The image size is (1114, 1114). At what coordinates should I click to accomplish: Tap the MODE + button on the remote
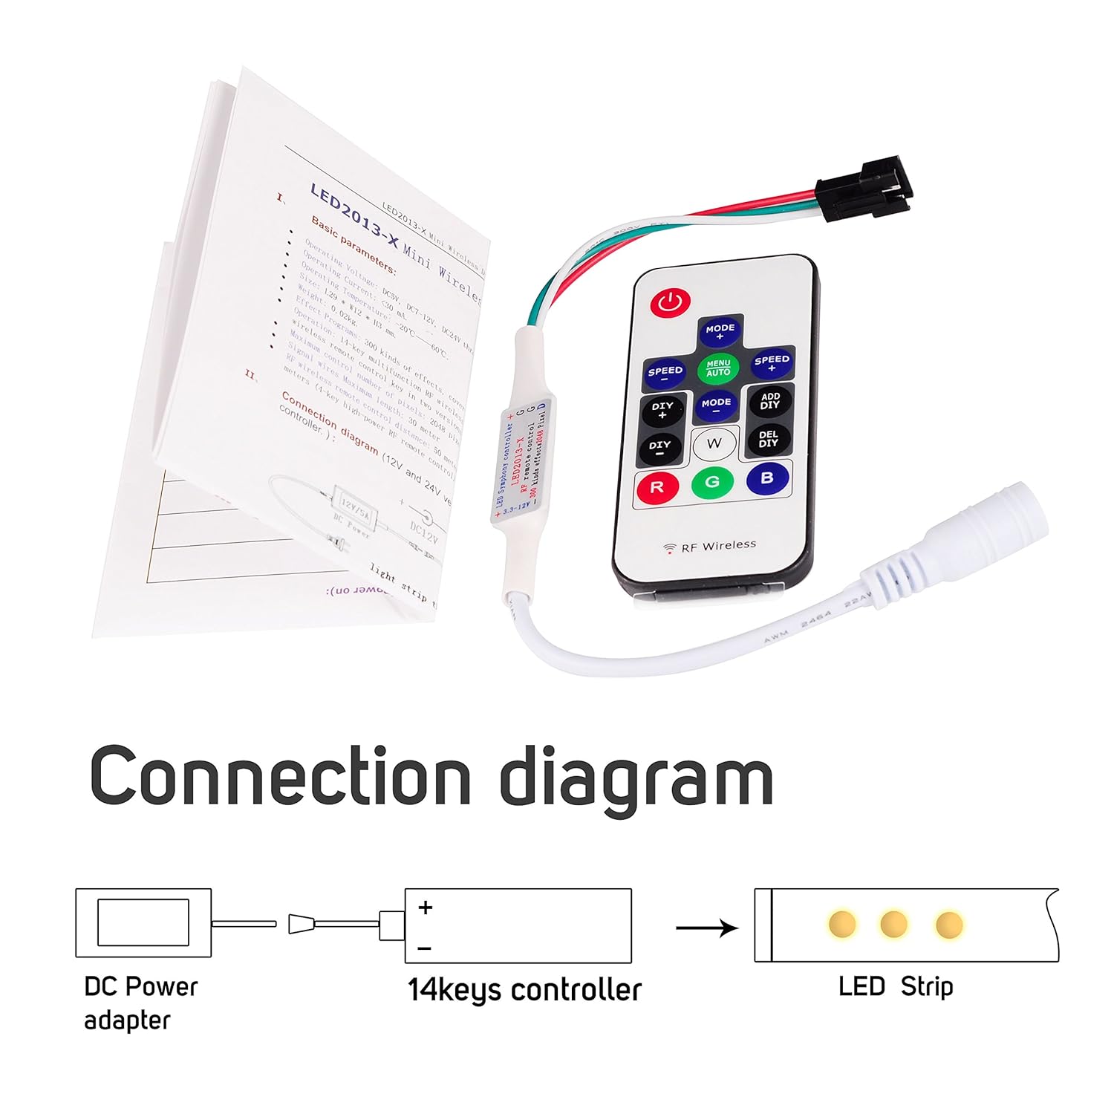pyautogui.click(x=720, y=331)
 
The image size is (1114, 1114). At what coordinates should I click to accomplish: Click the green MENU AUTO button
pyautogui.click(x=718, y=368)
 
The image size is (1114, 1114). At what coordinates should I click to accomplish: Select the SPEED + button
pyautogui.click(x=772, y=362)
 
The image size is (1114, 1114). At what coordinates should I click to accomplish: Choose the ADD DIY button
pyautogui.click(x=770, y=401)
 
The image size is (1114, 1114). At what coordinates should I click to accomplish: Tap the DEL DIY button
pyautogui.click(x=769, y=439)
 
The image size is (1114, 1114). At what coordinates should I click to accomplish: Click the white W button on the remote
pyautogui.click(x=714, y=443)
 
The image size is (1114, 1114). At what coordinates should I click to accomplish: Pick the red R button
pyautogui.click(x=657, y=487)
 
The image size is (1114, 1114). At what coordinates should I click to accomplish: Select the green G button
pyautogui.click(x=712, y=482)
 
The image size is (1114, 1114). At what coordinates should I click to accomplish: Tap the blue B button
pyautogui.click(x=767, y=478)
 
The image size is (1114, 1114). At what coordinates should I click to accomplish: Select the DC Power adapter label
pyautogui.click(x=140, y=1003)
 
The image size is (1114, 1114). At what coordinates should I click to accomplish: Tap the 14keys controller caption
pyautogui.click(x=524, y=990)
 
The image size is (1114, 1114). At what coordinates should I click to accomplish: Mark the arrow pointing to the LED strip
pyautogui.click(x=706, y=928)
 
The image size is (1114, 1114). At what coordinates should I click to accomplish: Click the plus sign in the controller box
pyautogui.click(x=426, y=907)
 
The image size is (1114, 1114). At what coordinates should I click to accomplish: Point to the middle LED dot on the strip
pyautogui.click(x=893, y=925)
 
